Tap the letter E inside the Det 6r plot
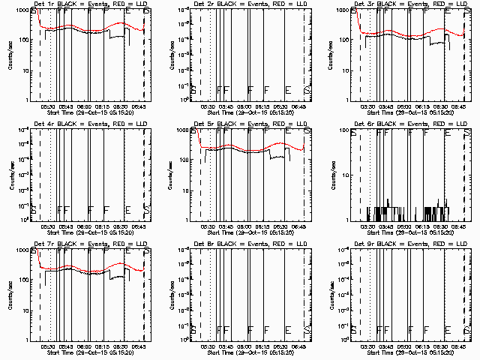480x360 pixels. click(x=447, y=133)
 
